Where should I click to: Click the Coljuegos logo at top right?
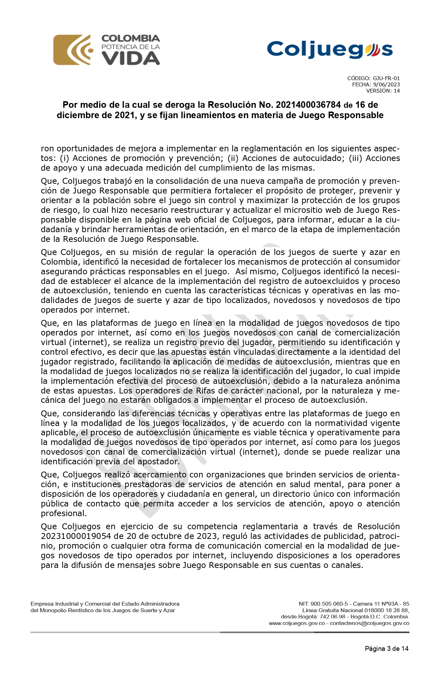(x=330, y=49)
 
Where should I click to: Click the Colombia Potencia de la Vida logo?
(x=106, y=50)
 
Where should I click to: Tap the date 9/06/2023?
(x=386, y=85)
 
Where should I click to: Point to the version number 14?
(x=396, y=91)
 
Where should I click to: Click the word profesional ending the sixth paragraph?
(x=64, y=513)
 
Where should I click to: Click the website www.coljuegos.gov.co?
(x=297, y=624)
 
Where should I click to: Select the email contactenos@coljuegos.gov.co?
(x=369, y=624)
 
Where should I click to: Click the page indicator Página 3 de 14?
(x=386, y=649)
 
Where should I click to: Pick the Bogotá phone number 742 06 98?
(x=332, y=617)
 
